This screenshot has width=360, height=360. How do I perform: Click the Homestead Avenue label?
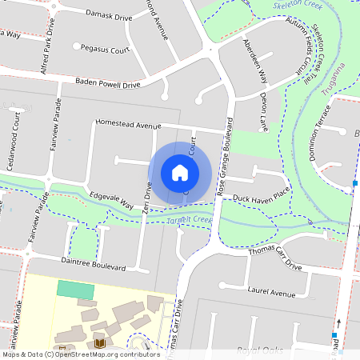point(128,125)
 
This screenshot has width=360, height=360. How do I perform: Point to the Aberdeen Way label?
point(254,58)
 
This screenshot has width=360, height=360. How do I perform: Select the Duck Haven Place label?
point(260,194)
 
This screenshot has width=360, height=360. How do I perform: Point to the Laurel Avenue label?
point(272,293)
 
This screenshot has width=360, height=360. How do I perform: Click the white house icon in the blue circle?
point(180,172)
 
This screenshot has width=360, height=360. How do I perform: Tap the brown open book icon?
point(100,343)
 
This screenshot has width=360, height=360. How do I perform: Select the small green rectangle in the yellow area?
point(75,290)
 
